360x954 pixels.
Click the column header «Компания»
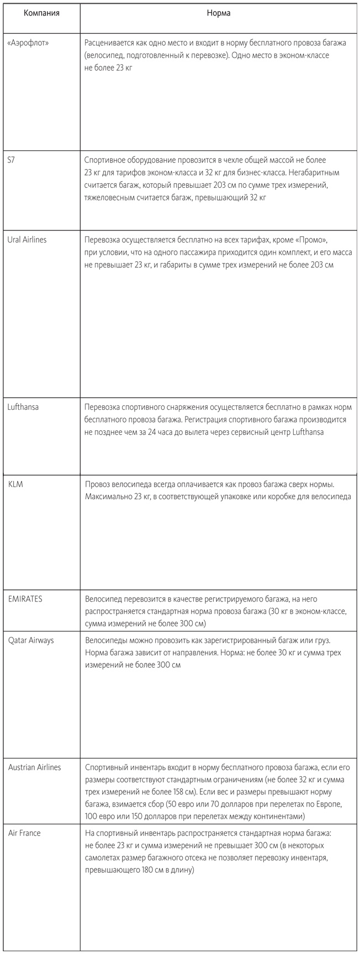tap(41, 13)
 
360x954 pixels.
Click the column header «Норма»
tap(219, 13)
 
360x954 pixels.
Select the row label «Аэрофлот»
tap(28, 42)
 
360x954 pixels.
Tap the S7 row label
tap(12, 159)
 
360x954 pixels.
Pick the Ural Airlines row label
tap(27, 239)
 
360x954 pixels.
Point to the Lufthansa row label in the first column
tap(23, 407)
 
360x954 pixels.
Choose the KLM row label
tap(15, 484)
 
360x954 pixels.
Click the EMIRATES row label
tap(25, 599)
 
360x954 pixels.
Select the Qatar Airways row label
tap(31, 640)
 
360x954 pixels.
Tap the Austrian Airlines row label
tap(35, 767)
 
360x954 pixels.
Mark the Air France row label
tap(24, 833)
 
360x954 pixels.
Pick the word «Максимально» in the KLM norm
tap(107, 497)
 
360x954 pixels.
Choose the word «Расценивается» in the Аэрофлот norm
tap(110, 43)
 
